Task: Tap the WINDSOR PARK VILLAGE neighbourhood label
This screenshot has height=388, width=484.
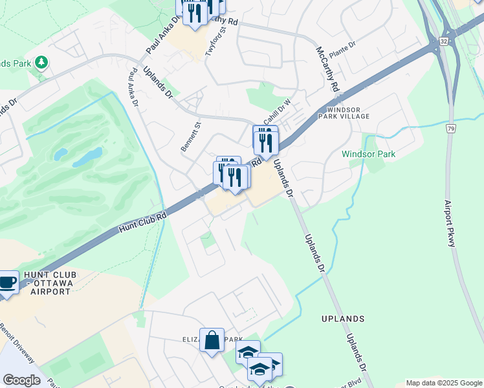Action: coord(344,113)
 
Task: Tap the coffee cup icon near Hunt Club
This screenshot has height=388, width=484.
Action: coord(7,283)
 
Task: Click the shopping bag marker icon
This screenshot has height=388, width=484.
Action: coord(212,339)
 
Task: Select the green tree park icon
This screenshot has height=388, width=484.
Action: coord(42,62)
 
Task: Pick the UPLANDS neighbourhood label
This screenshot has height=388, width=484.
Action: coord(342,319)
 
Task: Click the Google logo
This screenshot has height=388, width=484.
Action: coord(21,380)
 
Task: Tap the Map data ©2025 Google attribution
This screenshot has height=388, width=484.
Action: coord(444,383)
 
